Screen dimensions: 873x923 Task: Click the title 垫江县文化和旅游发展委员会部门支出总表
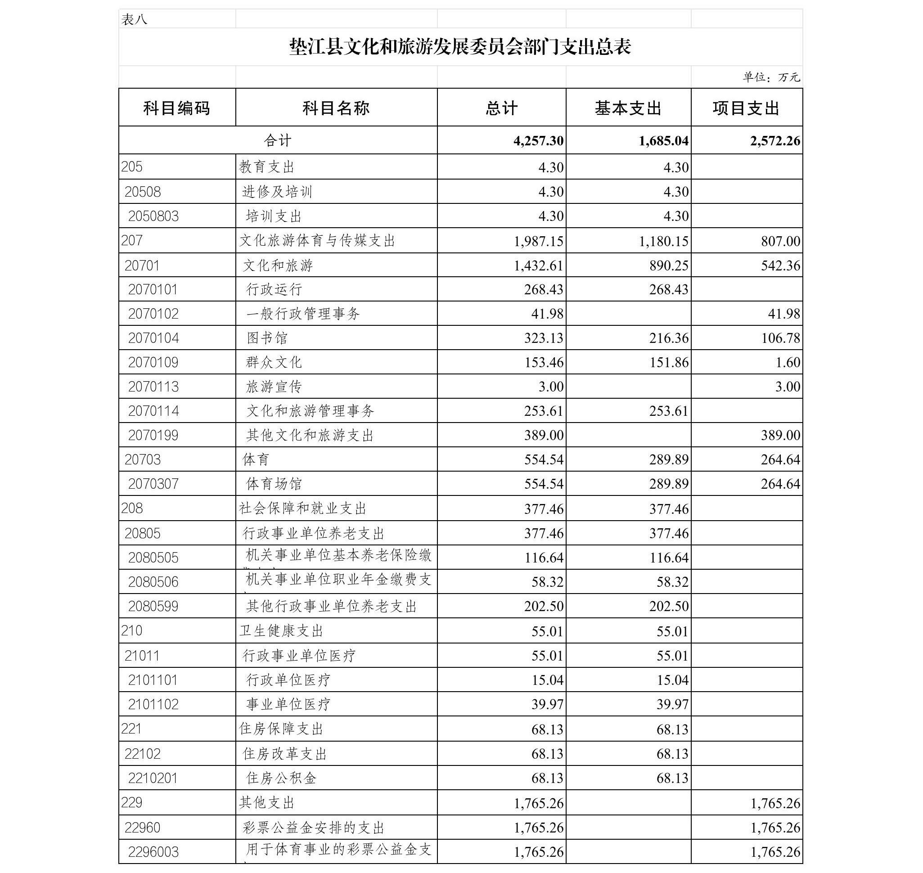point(460,47)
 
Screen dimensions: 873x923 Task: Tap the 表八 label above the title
point(134,19)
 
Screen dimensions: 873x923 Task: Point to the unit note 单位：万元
point(771,77)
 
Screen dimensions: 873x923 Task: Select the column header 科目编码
point(176,108)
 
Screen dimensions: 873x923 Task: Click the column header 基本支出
point(628,108)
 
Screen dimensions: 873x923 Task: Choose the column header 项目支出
point(746,108)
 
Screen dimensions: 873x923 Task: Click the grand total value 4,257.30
point(539,140)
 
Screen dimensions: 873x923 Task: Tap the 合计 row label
point(278,140)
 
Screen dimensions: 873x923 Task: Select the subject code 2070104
point(153,338)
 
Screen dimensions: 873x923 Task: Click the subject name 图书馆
point(267,338)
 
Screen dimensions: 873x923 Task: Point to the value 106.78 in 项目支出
point(781,338)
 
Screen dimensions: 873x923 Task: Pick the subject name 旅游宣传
point(274,386)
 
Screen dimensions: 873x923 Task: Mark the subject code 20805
point(142,533)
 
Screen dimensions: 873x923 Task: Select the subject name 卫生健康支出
point(281,630)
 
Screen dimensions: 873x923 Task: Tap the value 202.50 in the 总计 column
point(544,606)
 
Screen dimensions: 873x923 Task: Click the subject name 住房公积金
point(281,778)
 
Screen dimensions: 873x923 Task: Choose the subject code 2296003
point(153,851)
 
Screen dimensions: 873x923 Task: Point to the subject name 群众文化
point(274,362)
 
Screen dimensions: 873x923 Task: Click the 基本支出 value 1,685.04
point(663,140)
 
